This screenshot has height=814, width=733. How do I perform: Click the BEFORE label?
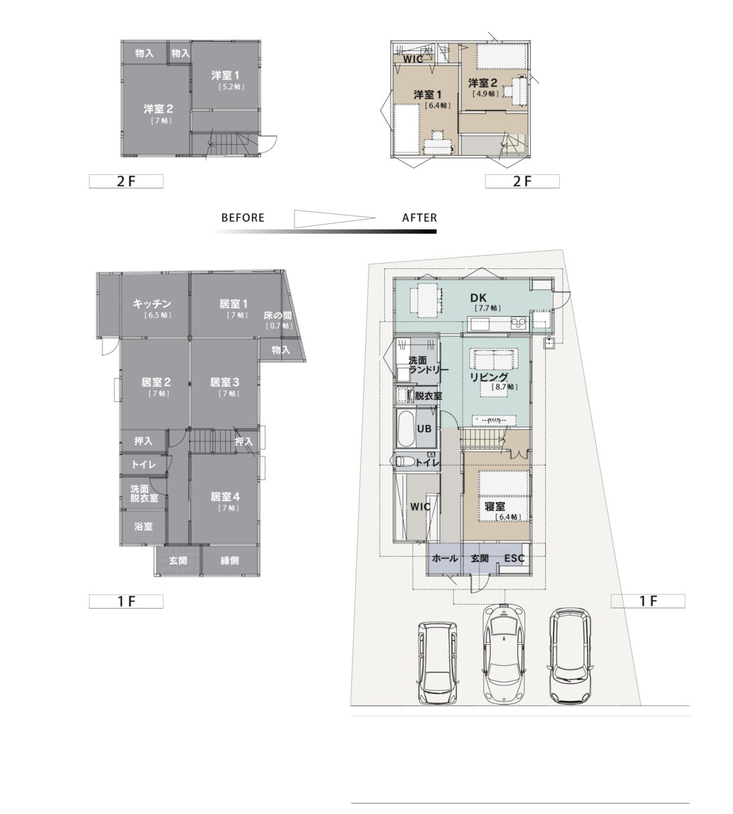[x=242, y=218]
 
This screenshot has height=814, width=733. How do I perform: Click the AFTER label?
[x=419, y=218]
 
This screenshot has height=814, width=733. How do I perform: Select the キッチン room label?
[x=152, y=303]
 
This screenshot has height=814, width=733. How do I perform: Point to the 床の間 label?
[x=278, y=315]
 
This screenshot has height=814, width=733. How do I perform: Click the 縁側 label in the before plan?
[x=230, y=560]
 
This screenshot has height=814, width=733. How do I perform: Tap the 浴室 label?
[x=143, y=527]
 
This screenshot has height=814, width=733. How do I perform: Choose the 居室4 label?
[x=225, y=497]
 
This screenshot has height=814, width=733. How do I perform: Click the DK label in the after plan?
[x=478, y=298]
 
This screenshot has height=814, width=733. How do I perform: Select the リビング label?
[x=489, y=377]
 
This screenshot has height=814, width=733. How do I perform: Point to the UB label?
[x=424, y=429]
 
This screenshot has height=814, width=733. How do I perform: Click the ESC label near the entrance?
[x=514, y=558]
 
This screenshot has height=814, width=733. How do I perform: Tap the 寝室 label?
[x=494, y=506]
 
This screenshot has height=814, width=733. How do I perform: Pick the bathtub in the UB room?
[x=405, y=429]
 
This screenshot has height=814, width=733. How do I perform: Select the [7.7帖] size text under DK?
[x=487, y=308]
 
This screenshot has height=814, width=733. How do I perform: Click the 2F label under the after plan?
[x=522, y=181]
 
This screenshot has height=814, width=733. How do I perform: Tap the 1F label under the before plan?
[x=126, y=602]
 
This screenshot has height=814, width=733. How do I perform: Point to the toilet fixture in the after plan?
[x=405, y=462]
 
